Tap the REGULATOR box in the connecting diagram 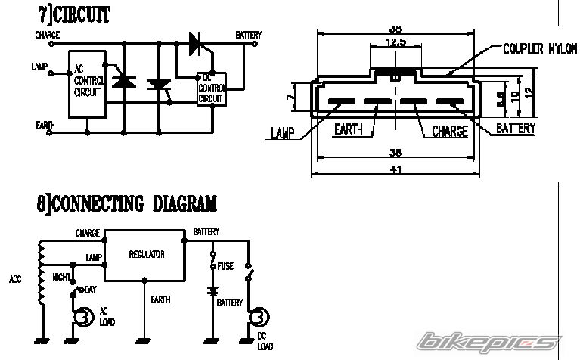click(x=146, y=255)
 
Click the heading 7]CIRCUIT click(x=73, y=14)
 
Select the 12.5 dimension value click(x=394, y=42)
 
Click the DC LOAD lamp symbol click(x=259, y=318)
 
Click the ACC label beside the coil click(x=16, y=278)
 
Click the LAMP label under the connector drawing click(x=283, y=135)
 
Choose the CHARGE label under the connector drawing click(x=450, y=132)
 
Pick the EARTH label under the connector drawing click(x=349, y=129)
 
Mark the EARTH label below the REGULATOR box click(x=160, y=300)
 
